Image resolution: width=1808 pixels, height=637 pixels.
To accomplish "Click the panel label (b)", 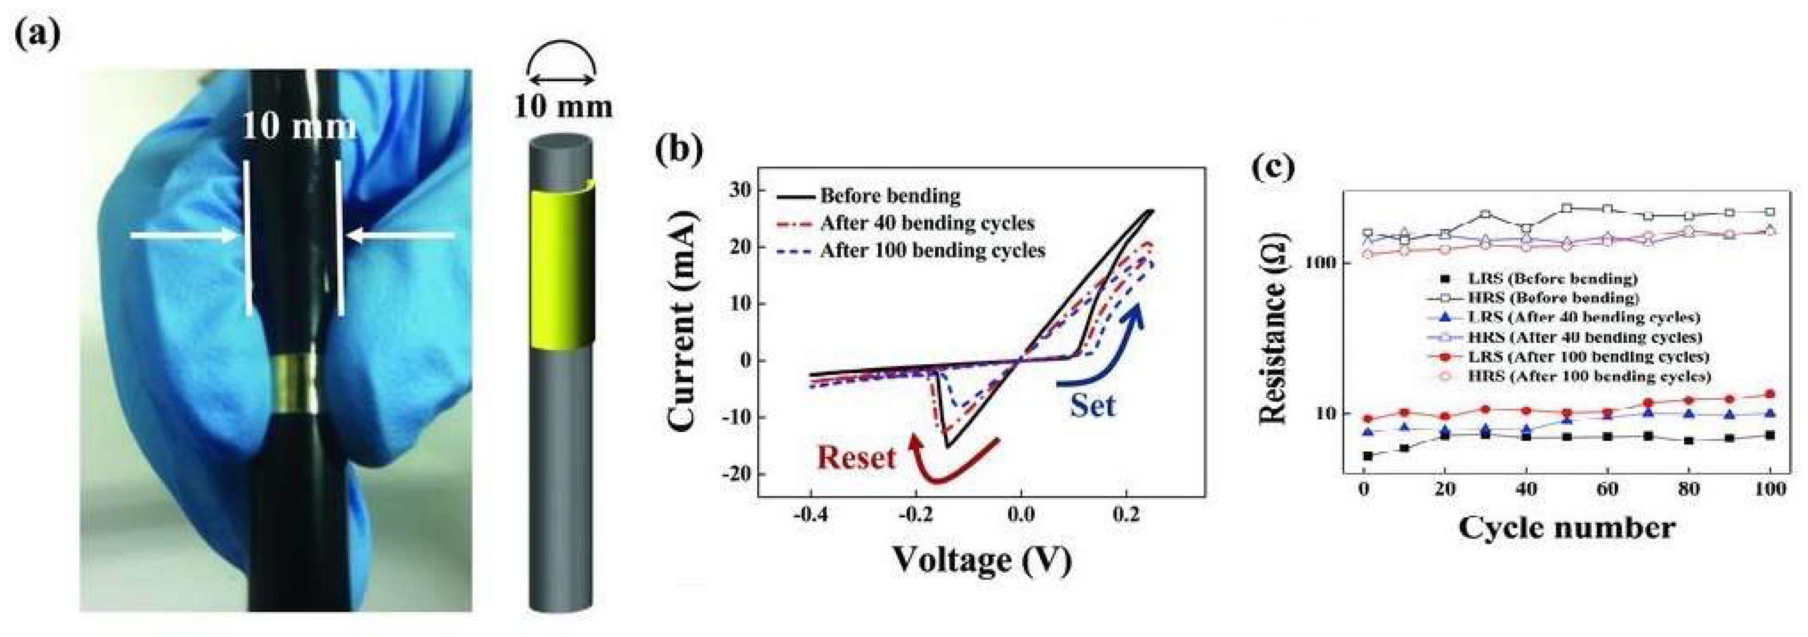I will [x=678, y=151].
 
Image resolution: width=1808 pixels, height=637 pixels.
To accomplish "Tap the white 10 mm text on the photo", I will [x=298, y=127].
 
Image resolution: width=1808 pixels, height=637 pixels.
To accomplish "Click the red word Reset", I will [x=856, y=458].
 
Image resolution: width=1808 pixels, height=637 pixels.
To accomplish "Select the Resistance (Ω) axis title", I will [x=1272, y=333].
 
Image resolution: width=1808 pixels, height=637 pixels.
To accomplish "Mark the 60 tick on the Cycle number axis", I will [x=1607, y=490].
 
